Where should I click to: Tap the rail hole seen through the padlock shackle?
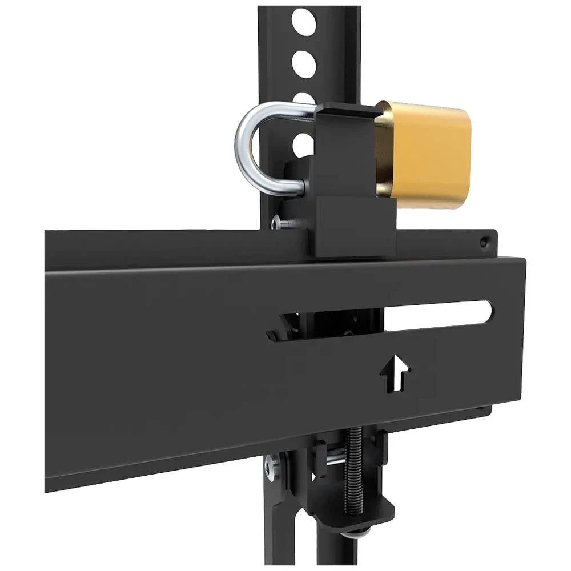pos(303,146)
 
